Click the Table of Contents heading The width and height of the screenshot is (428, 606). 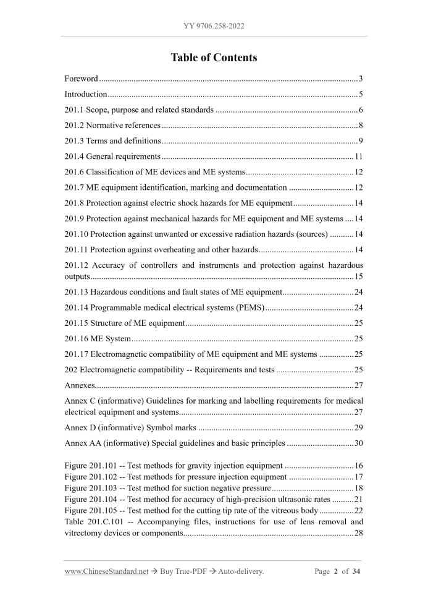pyautogui.click(x=214, y=58)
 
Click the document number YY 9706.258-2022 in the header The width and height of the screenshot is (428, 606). pyautogui.click(x=214, y=26)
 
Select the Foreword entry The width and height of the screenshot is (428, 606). pyautogui.click(x=81, y=79)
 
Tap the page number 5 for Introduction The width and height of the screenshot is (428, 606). pyautogui.click(x=360, y=95)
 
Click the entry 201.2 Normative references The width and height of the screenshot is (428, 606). pyautogui.click(x=112, y=126)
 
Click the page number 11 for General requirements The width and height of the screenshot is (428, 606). pyautogui.click(x=358, y=156)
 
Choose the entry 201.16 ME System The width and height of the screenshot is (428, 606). pyautogui.click(x=98, y=338)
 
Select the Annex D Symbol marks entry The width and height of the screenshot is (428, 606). pyautogui.click(x=130, y=427)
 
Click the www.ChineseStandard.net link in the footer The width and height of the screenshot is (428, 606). pyautogui.click(x=106, y=571)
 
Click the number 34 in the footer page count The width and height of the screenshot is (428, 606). pyautogui.click(x=356, y=571)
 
